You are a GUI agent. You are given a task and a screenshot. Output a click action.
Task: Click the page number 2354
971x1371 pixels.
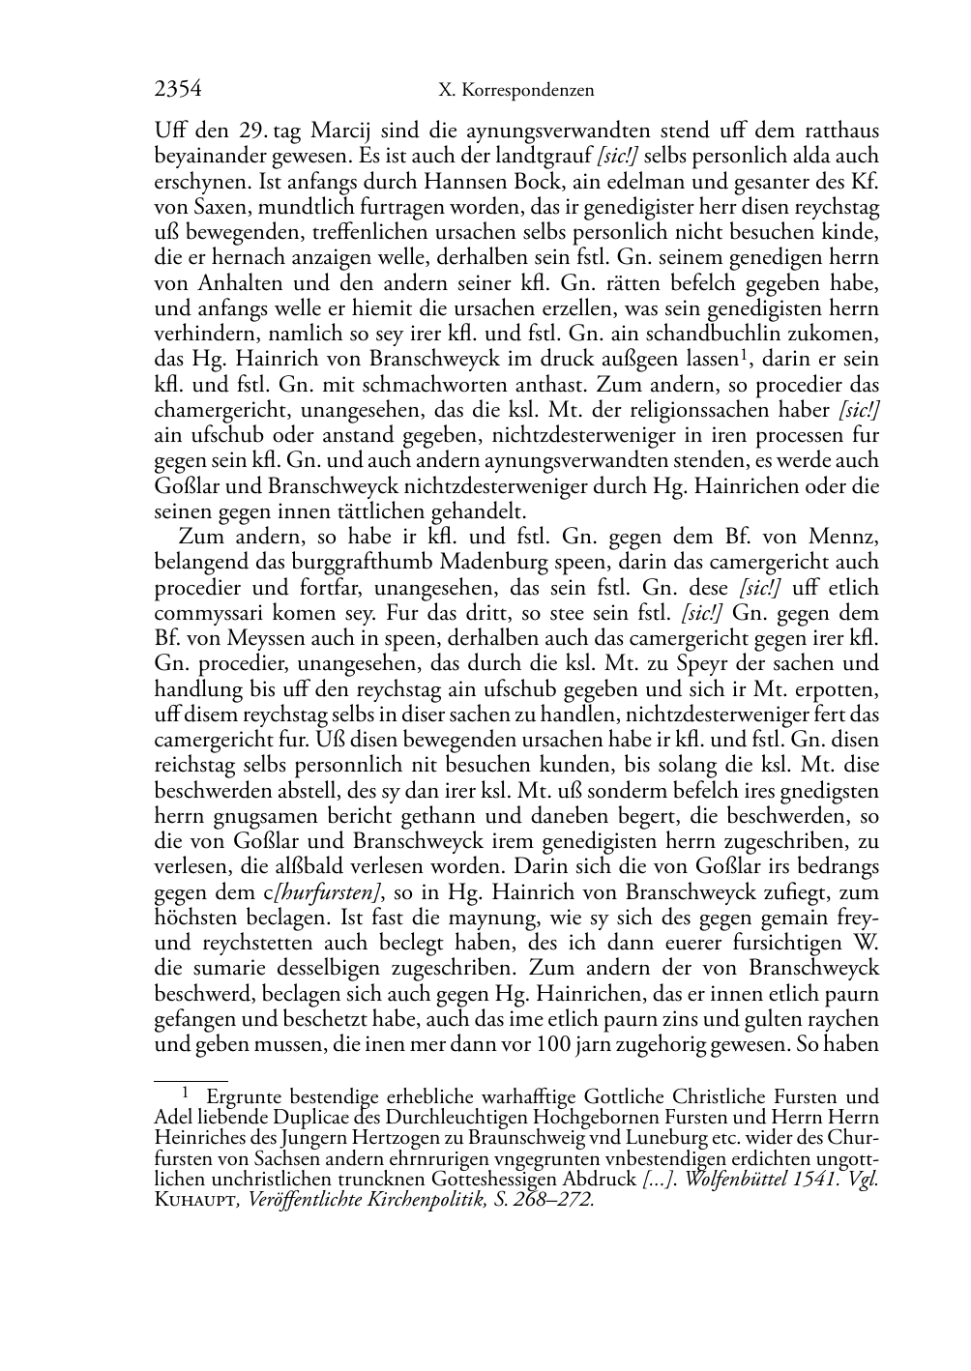click(178, 90)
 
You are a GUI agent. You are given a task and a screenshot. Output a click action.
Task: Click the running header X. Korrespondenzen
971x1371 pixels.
click(515, 91)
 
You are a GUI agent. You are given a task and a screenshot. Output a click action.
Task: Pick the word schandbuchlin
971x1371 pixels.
click(694, 334)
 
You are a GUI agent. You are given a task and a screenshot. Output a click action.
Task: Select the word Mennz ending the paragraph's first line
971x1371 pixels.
click(847, 537)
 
